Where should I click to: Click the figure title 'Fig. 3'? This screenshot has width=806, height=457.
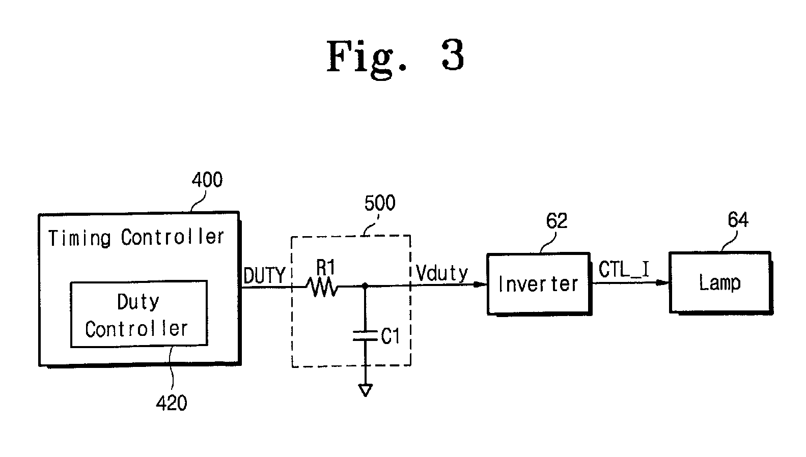pos(395,58)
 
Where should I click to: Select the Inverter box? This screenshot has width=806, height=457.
pos(539,284)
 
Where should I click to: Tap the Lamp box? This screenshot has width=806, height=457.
pos(721,283)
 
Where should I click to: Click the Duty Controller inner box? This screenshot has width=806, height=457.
pos(139,314)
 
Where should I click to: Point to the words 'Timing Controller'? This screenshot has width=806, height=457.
pos(136,238)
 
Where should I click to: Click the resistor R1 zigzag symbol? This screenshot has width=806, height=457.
pos(322,288)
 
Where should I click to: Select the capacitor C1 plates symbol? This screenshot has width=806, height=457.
pos(365,336)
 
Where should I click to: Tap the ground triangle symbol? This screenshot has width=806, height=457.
pos(365,390)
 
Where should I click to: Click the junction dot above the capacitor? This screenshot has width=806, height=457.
pos(365,286)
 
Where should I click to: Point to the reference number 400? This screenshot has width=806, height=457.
pos(207,180)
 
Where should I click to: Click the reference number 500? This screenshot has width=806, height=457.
pos(380,203)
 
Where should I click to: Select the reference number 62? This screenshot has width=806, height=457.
pos(557,220)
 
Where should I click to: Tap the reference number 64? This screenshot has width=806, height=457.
pos(738,219)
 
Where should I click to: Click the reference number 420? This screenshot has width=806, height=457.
pos(171,403)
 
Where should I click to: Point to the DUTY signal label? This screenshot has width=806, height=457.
pos(264,276)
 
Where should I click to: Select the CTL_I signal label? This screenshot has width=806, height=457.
pos(624,269)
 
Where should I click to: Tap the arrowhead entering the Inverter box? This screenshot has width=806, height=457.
pos(480,284)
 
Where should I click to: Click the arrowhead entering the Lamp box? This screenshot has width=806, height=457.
pos(662,282)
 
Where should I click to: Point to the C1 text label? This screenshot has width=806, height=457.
pos(390,336)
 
